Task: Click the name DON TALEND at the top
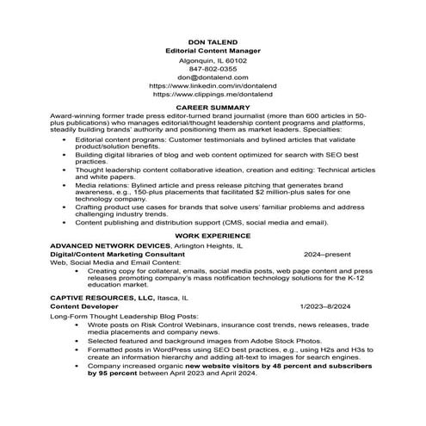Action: click(212, 42)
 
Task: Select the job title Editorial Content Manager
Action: click(212, 52)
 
